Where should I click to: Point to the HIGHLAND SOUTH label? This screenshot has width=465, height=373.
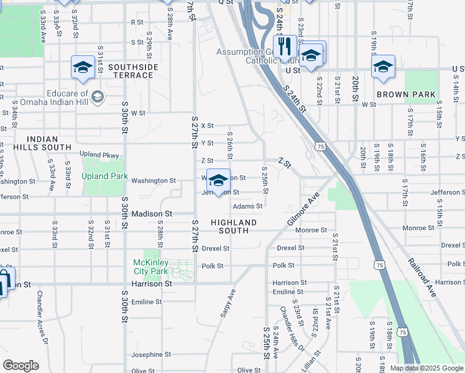[x=234, y=226]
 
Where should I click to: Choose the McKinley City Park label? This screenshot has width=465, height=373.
[x=151, y=267]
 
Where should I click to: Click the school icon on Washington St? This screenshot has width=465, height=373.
[x=218, y=181]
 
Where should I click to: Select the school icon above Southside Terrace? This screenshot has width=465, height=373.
[x=83, y=67]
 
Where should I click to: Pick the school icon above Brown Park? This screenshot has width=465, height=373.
[x=384, y=66]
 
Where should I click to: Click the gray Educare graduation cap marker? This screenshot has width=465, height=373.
[x=98, y=96]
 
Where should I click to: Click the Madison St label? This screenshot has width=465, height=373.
[x=151, y=213]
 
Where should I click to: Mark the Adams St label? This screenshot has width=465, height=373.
[x=249, y=206]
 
